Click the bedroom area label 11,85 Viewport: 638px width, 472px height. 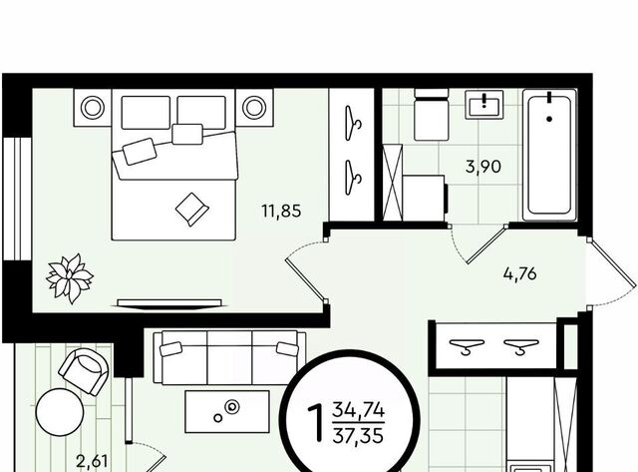pyautogui.click(x=281, y=212)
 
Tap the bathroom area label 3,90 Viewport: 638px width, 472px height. pyautogui.click(x=483, y=167)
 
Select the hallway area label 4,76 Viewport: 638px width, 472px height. pyautogui.click(x=520, y=273)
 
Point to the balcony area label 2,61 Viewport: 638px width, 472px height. pyautogui.click(x=93, y=462)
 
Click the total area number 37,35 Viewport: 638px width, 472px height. pyautogui.click(x=358, y=436)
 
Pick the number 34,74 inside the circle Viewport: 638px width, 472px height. pyautogui.click(x=358, y=410)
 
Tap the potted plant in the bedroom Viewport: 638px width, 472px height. pyautogui.click(x=70, y=278)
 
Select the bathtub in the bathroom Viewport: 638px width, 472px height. pyautogui.click(x=549, y=155)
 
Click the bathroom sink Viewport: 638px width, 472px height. pyautogui.click(x=484, y=105)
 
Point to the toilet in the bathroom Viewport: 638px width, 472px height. pyautogui.click(x=432, y=115)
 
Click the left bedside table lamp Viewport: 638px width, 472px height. pyautogui.click(x=93, y=108)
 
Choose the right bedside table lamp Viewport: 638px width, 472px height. pyautogui.click(x=254, y=108)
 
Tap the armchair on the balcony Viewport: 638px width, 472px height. pyautogui.click(x=84, y=371)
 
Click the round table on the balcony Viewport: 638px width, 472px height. pyautogui.click(x=60, y=412)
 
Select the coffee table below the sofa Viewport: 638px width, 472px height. pyautogui.click(x=227, y=412)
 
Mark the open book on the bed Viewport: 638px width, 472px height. pyautogui.click(x=192, y=210)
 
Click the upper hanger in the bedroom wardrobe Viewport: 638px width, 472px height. pyautogui.click(x=352, y=123)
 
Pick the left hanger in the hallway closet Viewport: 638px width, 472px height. pyautogui.click(x=467, y=346)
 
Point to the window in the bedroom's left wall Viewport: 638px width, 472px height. pyautogui.click(x=17, y=199)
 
